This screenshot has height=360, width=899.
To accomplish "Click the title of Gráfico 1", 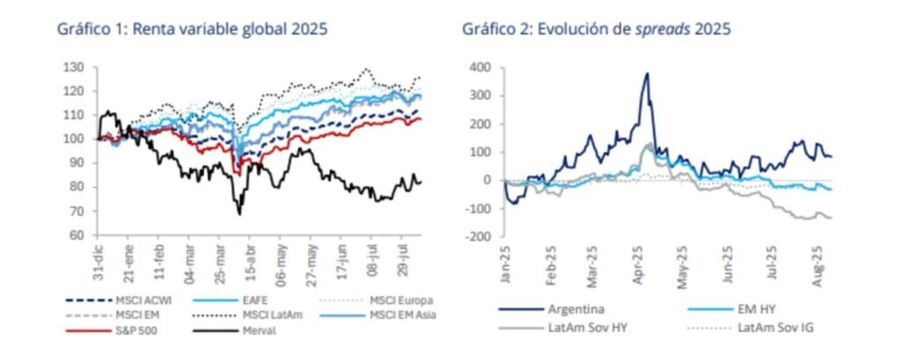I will [192, 29].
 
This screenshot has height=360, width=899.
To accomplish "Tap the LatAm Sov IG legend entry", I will [762, 328].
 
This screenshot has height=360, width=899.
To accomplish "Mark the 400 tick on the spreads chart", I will [479, 67].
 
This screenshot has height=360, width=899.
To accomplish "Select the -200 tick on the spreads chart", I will [478, 236].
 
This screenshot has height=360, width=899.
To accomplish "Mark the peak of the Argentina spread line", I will [646, 74].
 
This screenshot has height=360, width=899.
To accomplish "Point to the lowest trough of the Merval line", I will [239, 213].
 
